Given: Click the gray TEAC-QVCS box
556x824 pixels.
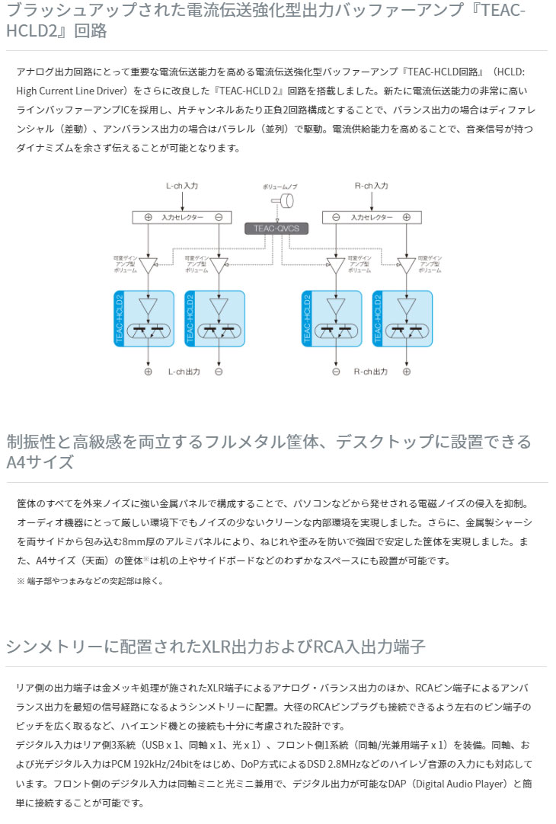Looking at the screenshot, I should (x=277, y=228).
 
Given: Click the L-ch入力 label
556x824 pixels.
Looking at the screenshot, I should (x=183, y=185).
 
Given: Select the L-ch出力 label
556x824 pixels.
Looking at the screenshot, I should (x=184, y=372).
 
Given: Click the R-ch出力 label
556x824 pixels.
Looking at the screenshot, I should (x=371, y=372).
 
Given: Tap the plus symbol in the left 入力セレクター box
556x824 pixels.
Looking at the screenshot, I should (x=149, y=217).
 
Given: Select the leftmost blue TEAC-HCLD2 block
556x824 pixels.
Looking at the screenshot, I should (x=145, y=318).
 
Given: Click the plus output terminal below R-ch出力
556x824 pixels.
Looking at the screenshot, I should (x=406, y=372).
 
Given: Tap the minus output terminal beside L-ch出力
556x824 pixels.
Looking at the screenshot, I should (x=219, y=372).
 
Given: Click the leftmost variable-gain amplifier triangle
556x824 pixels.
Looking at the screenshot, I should (x=149, y=264).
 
